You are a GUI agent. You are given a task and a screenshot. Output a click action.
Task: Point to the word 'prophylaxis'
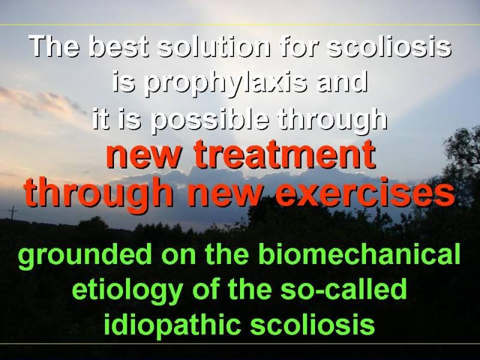click(x=226, y=83)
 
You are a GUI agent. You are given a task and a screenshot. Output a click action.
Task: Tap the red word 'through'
click(x=98, y=193)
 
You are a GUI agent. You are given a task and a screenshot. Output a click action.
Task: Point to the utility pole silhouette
click(x=13, y=213)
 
